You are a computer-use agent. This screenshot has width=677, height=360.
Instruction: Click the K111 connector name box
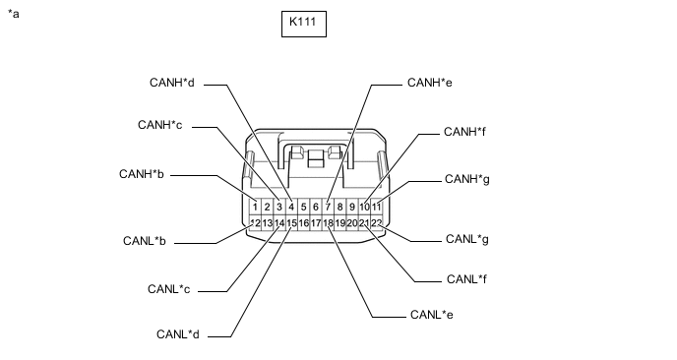pos(304,25)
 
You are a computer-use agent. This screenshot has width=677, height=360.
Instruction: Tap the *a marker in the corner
pos(14,14)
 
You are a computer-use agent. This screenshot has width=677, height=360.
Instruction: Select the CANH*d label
pos(172,83)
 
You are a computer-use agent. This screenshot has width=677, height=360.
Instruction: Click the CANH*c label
pos(160,125)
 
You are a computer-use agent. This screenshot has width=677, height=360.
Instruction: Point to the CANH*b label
pos(142,174)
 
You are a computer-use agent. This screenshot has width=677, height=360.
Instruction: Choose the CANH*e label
pos(430,83)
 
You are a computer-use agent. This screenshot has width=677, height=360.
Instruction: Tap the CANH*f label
pos(464,132)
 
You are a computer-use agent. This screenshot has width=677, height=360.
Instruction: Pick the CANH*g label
pos(467,179)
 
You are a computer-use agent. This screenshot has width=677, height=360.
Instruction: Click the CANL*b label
pos(145,240)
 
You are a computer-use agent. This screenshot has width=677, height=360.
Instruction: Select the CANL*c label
pos(169,289)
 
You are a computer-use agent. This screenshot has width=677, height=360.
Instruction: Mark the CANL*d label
pos(178,334)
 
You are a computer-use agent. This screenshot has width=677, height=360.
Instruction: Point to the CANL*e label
pos(432,315)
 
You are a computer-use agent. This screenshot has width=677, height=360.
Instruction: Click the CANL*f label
pos(466,279)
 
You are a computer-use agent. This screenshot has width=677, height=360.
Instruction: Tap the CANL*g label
pos(467,239)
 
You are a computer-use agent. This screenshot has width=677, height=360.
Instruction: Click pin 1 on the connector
pos(255,207)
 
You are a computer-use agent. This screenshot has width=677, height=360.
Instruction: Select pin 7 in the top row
pos(328,207)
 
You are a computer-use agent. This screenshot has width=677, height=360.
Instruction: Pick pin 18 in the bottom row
pos(328,223)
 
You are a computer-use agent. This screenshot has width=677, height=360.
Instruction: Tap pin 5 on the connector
pos(303,207)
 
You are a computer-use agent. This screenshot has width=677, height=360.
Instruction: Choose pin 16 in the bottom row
pos(303,223)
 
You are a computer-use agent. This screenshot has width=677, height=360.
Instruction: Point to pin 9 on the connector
pos(352,207)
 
